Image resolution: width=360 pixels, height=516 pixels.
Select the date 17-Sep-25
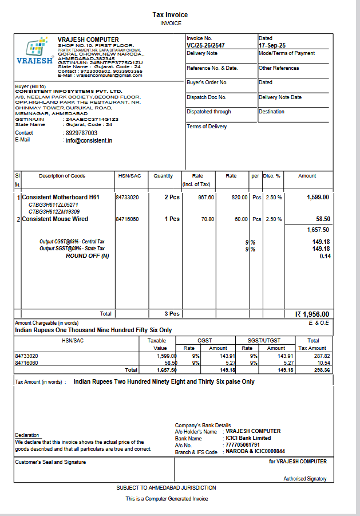272,45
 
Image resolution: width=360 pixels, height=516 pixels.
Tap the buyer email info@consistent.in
89,140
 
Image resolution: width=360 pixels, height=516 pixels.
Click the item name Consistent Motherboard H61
61,198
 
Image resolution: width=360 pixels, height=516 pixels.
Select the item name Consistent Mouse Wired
55,219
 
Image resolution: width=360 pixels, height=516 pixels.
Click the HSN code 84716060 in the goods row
127,219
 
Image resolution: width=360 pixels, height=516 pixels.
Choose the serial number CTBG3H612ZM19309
54,212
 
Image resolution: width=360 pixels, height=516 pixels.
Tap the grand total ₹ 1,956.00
312,314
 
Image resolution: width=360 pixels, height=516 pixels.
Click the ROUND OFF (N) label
87,256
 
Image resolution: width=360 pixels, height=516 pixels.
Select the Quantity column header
163,176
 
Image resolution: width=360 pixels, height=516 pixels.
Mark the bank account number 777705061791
243,445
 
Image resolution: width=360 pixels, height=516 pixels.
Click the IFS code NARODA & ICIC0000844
255,452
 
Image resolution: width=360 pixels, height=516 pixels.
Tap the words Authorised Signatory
305,479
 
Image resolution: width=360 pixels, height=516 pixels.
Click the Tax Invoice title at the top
170,15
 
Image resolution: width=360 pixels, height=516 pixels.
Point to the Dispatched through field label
209,112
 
